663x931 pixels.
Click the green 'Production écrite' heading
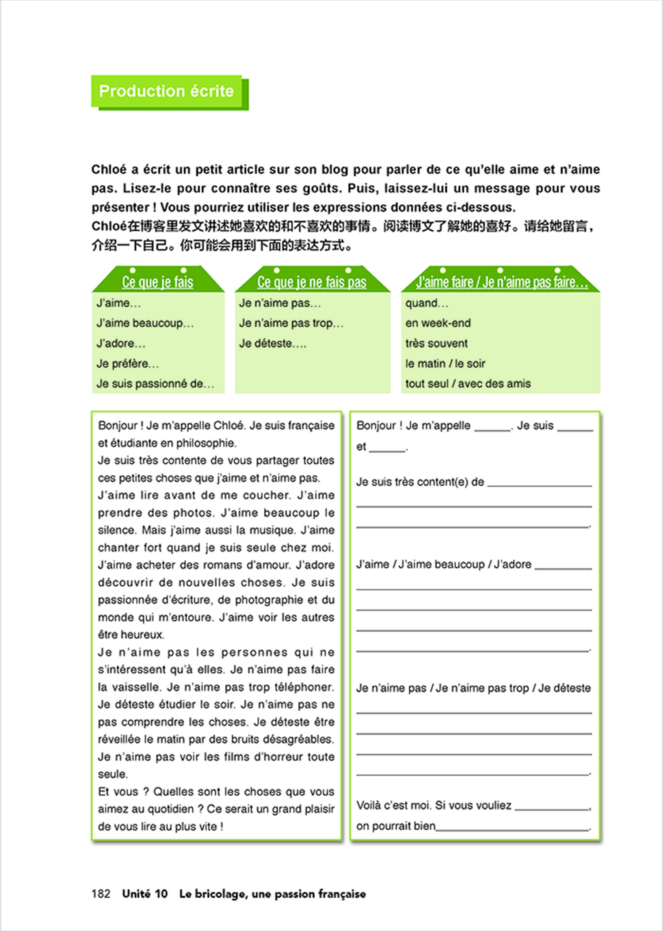click(x=166, y=91)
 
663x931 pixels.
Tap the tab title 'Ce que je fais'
click(x=158, y=282)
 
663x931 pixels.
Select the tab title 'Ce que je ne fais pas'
click(x=312, y=282)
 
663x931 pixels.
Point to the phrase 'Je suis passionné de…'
click(x=155, y=384)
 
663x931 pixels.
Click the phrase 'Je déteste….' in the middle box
click(x=272, y=343)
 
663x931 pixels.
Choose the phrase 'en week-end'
click(x=438, y=323)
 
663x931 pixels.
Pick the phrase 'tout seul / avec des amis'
click(x=468, y=384)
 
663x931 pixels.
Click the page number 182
click(x=101, y=894)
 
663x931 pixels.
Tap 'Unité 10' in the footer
click(x=145, y=894)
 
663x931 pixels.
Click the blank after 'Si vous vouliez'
click(x=552, y=807)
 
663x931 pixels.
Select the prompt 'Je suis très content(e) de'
click(x=420, y=482)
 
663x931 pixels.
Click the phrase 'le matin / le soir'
click(x=445, y=364)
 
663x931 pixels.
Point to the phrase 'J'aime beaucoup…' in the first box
click(x=145, y=323)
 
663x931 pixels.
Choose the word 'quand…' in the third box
click(x=427, y=303)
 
